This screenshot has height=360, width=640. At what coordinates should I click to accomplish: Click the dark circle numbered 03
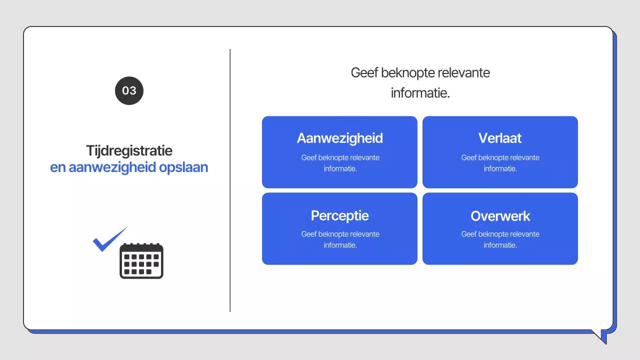[x=129, y=90]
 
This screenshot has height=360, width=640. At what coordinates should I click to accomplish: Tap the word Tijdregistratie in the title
[x=129, y=150]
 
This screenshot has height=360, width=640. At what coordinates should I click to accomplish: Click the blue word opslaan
[x=183, y=167]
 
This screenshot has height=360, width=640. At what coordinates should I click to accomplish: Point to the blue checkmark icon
[x=109, y=240]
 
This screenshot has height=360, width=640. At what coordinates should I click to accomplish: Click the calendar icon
[x=141, y=260]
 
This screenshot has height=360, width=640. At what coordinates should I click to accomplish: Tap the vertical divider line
[x=230, y=180]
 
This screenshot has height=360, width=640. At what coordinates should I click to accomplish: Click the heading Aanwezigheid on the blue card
[x=339, y=138]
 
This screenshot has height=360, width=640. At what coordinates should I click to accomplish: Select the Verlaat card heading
[x=500, y=138]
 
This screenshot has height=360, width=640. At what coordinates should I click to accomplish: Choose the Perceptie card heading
[x=339, y=215]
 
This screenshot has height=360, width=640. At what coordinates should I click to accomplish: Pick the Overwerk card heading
[x=500, y=216]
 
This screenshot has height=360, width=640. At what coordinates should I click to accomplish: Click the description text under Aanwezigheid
[x=340, y=163]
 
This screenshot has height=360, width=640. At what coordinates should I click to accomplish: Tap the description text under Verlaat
[x=500, y=163]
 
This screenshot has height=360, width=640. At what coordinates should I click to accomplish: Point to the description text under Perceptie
[x=340, y=239]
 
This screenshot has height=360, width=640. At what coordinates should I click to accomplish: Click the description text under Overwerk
[x=500, y=239]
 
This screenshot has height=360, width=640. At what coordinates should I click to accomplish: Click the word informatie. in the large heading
[x=420, y=93]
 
